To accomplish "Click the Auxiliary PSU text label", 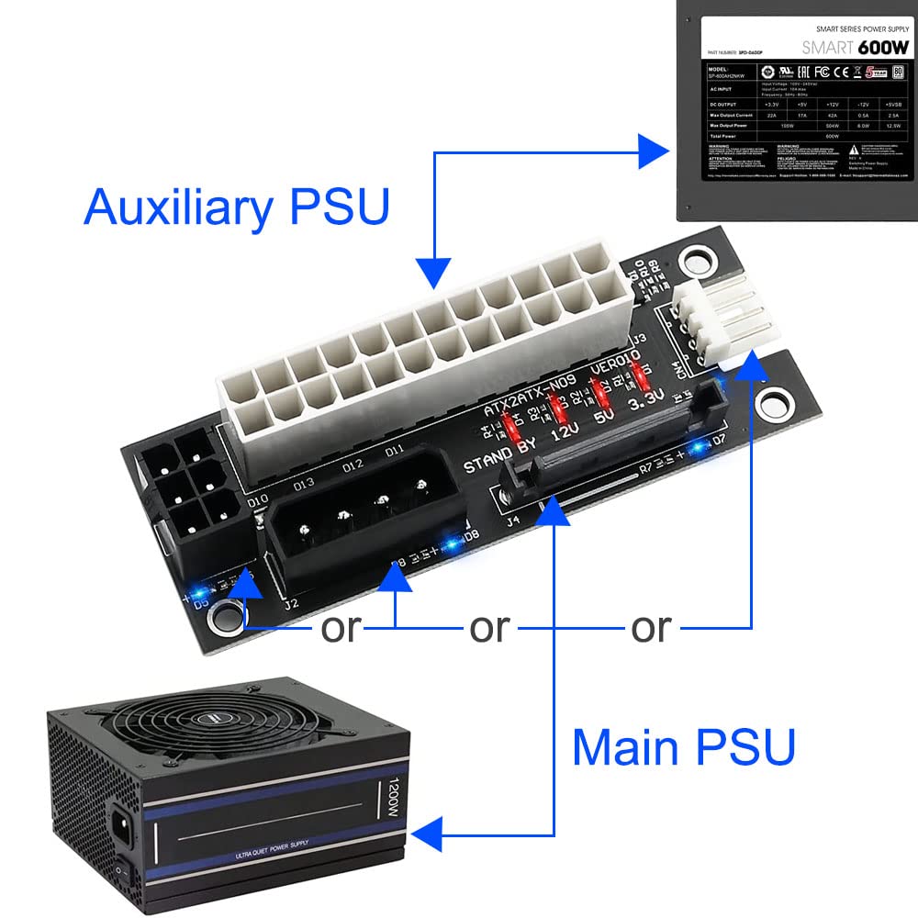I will pos(236,207).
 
